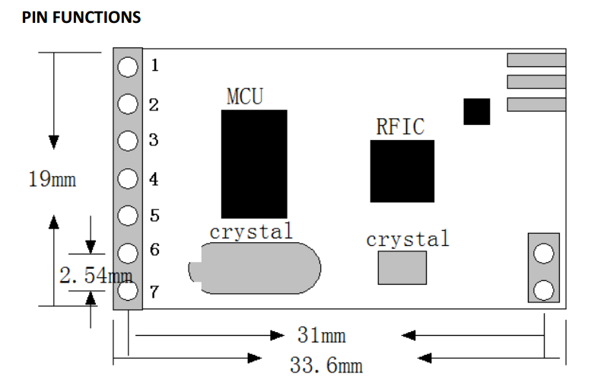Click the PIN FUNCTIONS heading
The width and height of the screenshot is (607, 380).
pyautogui.click(x=81, y=17)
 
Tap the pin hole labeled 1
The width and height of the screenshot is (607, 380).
pyautogui.click(x=128, y=67)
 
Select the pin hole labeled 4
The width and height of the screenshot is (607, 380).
pyautogui.click(x=128, y=180)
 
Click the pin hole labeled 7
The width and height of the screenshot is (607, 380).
pyautogui.click(x=128, y=290)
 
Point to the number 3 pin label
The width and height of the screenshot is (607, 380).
pyautogui.click(x=154, y=140)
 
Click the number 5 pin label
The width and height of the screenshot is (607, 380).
pyautogui.click(x=154, y=216)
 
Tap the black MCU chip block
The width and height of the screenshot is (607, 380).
pyautogui.click(x=254, y=164)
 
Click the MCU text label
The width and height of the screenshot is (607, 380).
pyautogui.click(x=245, y=97)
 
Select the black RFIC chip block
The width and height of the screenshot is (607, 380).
pyautogui.click(x=402, y=171)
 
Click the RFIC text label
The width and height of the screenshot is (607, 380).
pyautogui.click(x=400, y=126)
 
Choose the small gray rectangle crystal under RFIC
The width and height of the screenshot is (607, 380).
pyautogui.click(x=402, y=267)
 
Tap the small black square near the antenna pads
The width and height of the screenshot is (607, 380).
pyautogui.click(x=477, y=111)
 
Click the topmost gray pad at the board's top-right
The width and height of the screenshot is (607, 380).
pyautogui.click(x=536, y=60)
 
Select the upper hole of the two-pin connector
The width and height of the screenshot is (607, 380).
pyautogui.click(x=544, y=253)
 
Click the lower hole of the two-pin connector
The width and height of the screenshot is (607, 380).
pyautogui.click(x=544, y=289)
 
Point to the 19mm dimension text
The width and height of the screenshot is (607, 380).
pyautogui.click(x=52, y=180)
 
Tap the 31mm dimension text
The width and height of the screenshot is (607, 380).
pyautogui.click(x=320, y=335)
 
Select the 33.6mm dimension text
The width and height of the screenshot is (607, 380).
pyautogui.click(x=326, y=365)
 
